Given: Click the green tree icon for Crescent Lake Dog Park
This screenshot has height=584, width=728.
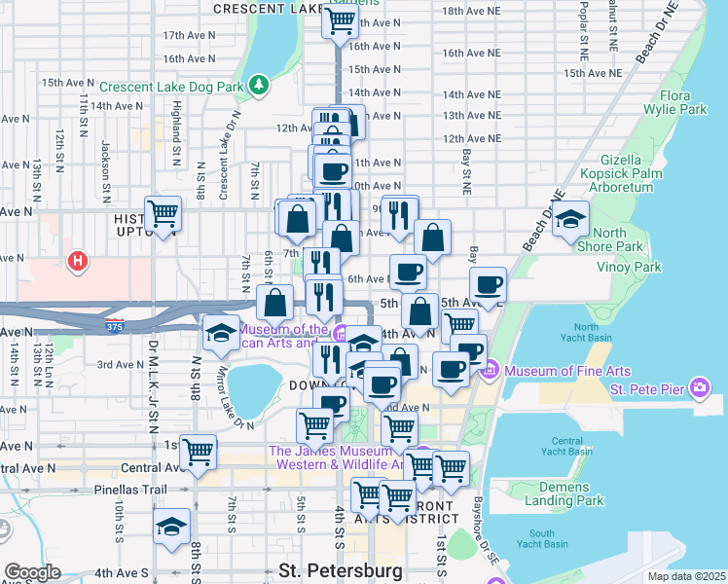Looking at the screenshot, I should click(258, 86).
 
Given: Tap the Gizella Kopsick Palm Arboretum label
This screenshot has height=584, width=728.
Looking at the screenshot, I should click(619, 171).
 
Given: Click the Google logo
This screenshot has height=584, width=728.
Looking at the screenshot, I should click(32, 571).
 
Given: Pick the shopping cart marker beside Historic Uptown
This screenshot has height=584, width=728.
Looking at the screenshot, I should click(163, 213).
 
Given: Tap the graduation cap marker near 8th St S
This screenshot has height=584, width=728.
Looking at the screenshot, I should click(172, 527).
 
